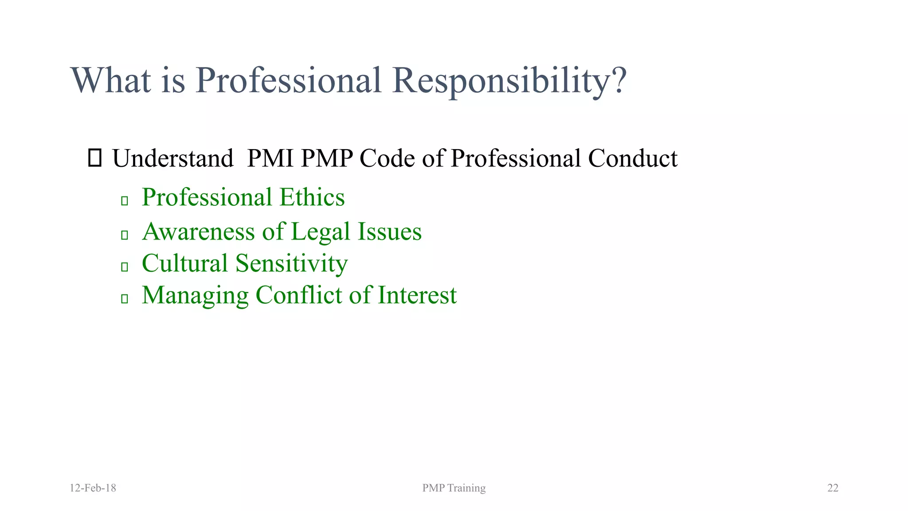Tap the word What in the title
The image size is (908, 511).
(x=110, y=81)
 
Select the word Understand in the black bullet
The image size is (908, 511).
(x=173, y=158)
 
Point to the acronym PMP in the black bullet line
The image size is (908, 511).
(x=327, y=158)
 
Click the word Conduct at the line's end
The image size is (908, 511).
(x=633, y=158)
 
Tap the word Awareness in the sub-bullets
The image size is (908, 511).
(x=199, y=232)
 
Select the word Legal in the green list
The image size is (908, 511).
(x=321, y=232)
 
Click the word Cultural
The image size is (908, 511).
(x=185, y=263)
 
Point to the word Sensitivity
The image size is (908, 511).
(x=292, y=263)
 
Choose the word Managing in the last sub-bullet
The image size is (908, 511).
(x=195, y=295)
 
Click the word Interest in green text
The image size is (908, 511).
(x=417, y=295)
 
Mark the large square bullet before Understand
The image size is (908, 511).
(x=95, y=158)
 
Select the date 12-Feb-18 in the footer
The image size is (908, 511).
(x=93, y=488)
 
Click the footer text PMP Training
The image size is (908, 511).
(x=454, y=488)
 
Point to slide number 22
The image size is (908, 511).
(x=833, y=488)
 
